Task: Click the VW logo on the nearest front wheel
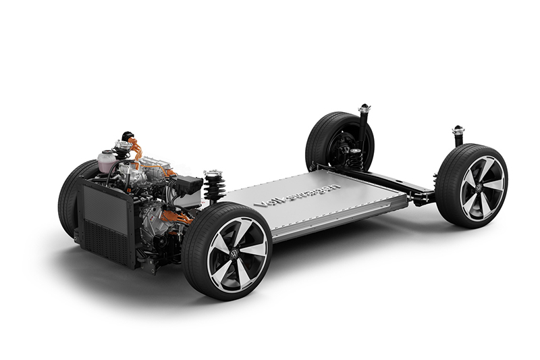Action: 234,254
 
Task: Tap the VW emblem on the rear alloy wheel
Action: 479,188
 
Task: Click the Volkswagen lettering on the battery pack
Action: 297,195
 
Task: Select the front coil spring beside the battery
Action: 214,186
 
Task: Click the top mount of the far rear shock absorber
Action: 364,108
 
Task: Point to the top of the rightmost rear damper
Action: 458,130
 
